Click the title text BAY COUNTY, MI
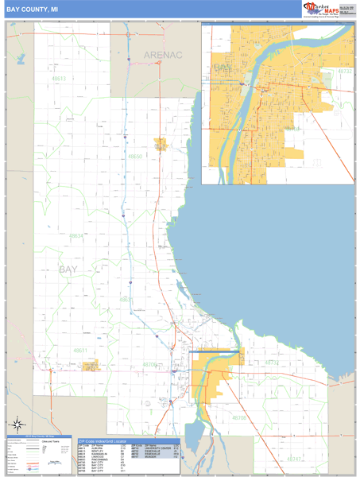click(x=32, y=9)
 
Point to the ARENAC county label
click(x=163, y=55)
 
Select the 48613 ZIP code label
click(x=59, y=79)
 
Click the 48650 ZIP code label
click(x=135, y=157)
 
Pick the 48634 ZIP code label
click(x=76, y=235)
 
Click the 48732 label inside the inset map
click(x=343, y=71)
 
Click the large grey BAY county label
click(x=68, y=270)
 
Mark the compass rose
click(x=16, y=424)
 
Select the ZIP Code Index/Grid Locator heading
click(x=103, y=440)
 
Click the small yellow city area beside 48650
click(x=161, y=145)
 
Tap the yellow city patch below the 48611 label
click(x=92, y=366)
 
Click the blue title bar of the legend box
click(x=37, y=437)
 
